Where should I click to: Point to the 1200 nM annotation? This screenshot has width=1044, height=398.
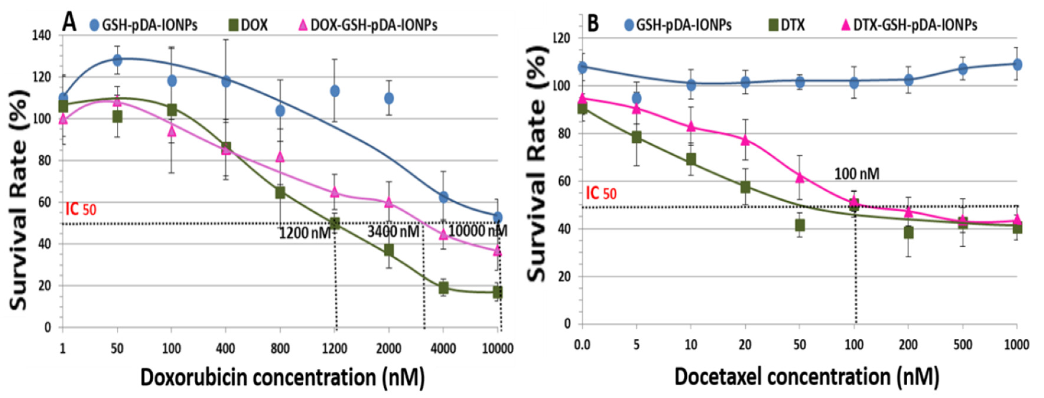[x=305, y=233]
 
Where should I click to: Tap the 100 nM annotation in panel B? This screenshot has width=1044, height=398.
[x=856, y=174]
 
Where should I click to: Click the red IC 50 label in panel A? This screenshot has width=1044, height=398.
[x=81, y=209]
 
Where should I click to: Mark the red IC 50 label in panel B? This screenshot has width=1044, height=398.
[x=601, y=193]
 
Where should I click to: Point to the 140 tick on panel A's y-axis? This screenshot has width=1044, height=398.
[x=41, y=36]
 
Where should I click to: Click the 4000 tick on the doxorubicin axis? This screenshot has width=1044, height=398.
[x=443, y=348]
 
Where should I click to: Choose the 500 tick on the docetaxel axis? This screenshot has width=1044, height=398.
[x=962, y=345]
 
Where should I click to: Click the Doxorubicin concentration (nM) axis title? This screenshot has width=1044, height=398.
[x=282, y=378]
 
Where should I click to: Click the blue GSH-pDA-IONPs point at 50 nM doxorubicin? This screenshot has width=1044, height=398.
[x=117, y=60]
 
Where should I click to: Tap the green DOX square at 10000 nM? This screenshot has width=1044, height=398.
[x=498, y=292]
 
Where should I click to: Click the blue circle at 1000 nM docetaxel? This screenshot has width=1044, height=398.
[x=1017, y=64]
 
